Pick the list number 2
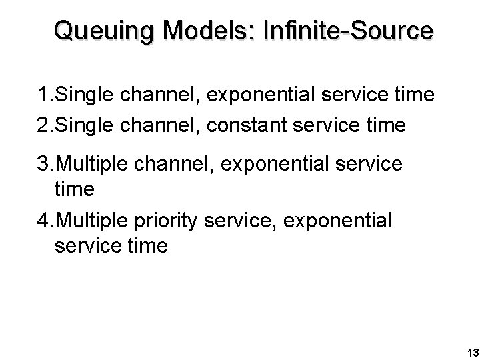(43, 125)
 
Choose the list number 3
(43, 164)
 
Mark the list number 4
(43, 219)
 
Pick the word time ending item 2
(383, 125)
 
